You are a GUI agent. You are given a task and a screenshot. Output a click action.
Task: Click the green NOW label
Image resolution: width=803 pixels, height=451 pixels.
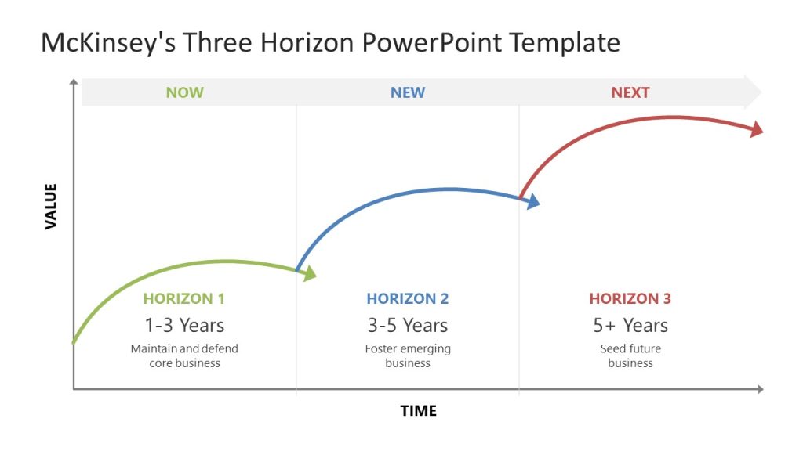184,92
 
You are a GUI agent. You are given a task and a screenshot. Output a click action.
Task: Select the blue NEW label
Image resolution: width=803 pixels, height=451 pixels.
408,92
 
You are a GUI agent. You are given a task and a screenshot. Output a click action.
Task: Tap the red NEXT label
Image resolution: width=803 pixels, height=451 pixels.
630,92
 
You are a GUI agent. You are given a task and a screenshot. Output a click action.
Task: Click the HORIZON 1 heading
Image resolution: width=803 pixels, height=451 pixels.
184,298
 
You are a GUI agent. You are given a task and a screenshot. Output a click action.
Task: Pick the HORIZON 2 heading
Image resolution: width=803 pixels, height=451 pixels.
408,298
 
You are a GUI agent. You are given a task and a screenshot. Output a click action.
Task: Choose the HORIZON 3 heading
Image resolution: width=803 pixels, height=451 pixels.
630,298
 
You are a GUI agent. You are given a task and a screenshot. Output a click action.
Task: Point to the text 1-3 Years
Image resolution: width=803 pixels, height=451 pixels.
184,325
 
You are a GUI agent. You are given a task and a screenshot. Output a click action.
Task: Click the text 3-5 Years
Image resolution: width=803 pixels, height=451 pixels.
408,325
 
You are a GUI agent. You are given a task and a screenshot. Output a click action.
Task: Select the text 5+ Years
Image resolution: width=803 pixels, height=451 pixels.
630,325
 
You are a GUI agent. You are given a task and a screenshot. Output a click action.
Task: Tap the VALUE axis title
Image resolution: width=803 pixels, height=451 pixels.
52,206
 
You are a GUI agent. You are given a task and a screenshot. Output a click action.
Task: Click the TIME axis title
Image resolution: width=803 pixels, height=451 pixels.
419,410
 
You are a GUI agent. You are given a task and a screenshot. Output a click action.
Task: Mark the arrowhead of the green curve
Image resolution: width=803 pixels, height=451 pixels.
310,273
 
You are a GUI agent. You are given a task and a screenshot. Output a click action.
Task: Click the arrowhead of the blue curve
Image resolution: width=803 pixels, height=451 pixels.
532,202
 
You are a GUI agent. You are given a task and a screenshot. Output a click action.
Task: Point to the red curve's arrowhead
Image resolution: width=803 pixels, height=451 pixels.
756,129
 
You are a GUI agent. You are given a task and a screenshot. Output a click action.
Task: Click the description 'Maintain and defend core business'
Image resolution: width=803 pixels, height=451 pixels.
184,355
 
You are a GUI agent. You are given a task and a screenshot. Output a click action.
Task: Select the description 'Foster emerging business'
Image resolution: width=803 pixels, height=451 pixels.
408,355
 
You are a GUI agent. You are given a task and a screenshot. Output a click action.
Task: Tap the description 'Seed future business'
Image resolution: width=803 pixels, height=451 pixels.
630,355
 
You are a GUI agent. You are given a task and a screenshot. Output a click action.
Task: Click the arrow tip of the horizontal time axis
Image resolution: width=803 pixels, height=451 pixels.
760,389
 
